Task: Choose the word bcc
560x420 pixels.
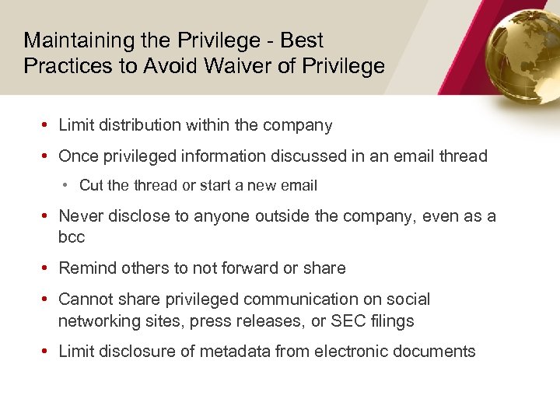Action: pos(72,237)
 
